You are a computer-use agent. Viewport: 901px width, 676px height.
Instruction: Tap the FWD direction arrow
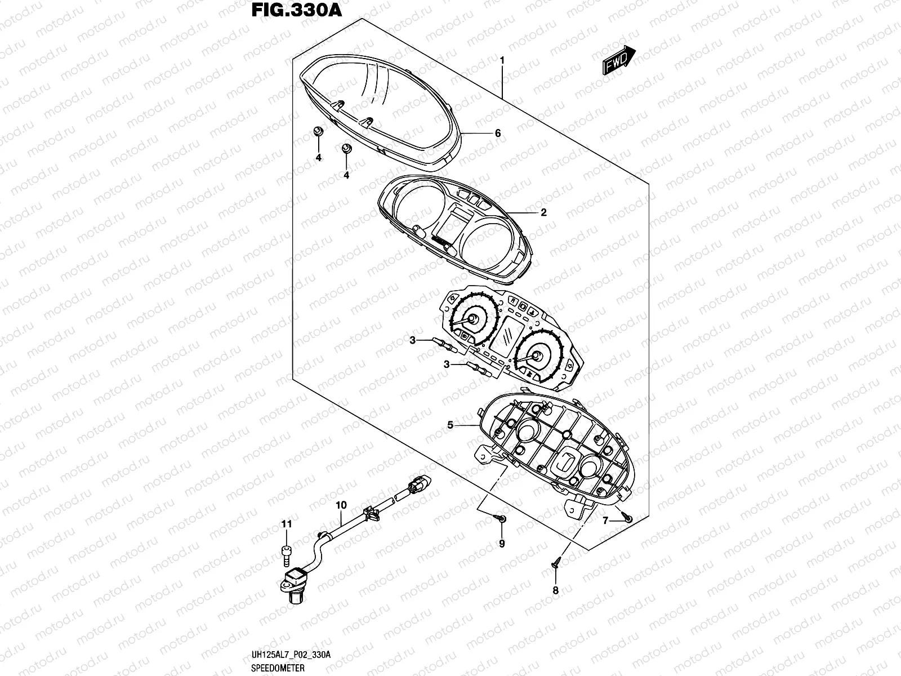(619, 60)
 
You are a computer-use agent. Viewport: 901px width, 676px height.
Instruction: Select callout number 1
(502, 59)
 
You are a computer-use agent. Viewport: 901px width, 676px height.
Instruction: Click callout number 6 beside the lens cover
(497, 134)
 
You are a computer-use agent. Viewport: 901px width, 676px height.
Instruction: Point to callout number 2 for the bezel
(543, 212)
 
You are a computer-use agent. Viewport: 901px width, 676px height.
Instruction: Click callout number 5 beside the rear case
(450, 425)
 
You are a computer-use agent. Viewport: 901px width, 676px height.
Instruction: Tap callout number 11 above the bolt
(287, 524)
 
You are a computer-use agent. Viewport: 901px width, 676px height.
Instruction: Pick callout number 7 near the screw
(605, 521)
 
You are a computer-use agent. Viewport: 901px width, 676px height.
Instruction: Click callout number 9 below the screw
(502, 544)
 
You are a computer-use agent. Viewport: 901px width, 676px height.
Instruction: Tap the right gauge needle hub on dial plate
(537, 355)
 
